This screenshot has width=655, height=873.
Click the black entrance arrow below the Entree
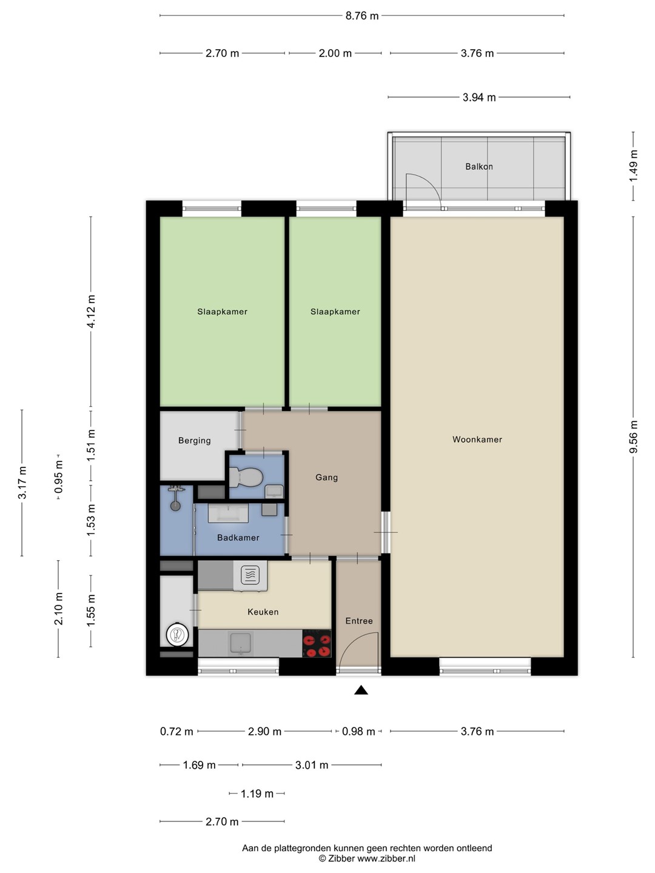point(361,691)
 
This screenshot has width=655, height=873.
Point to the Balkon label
point(479,167)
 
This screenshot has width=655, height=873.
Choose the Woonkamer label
point(477,440)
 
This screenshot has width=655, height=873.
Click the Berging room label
point(195,441)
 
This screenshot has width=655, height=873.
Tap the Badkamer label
point(238,538)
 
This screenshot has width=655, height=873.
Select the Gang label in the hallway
point(326,477)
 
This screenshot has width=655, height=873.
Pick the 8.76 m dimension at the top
point(362,16)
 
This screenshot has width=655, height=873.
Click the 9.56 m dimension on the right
point(634,436)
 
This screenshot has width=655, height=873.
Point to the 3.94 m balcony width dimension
point(479,98)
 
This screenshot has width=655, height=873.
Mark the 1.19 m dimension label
point(257,794)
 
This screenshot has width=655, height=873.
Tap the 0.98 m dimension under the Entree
point(358,731)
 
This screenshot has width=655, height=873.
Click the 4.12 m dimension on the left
point(91,311)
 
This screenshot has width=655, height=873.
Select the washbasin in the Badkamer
point(228,513)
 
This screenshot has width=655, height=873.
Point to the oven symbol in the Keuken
point(250,575)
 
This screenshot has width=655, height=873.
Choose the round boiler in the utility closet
point(177,634)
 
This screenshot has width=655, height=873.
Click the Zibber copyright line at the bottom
point(367,859)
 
